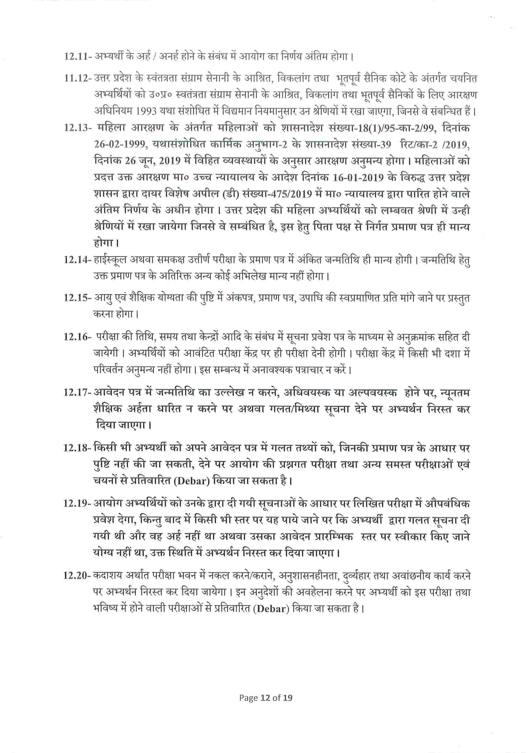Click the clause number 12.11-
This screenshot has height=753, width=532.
pyautogui.click(x=78, y=56)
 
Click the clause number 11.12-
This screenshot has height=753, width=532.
pyautogui.click(x=78, y=79)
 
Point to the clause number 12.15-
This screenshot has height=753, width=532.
pyautogui.click(x=78, y=298)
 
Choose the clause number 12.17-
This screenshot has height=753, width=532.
pyautogui.click(x=78, y=392)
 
